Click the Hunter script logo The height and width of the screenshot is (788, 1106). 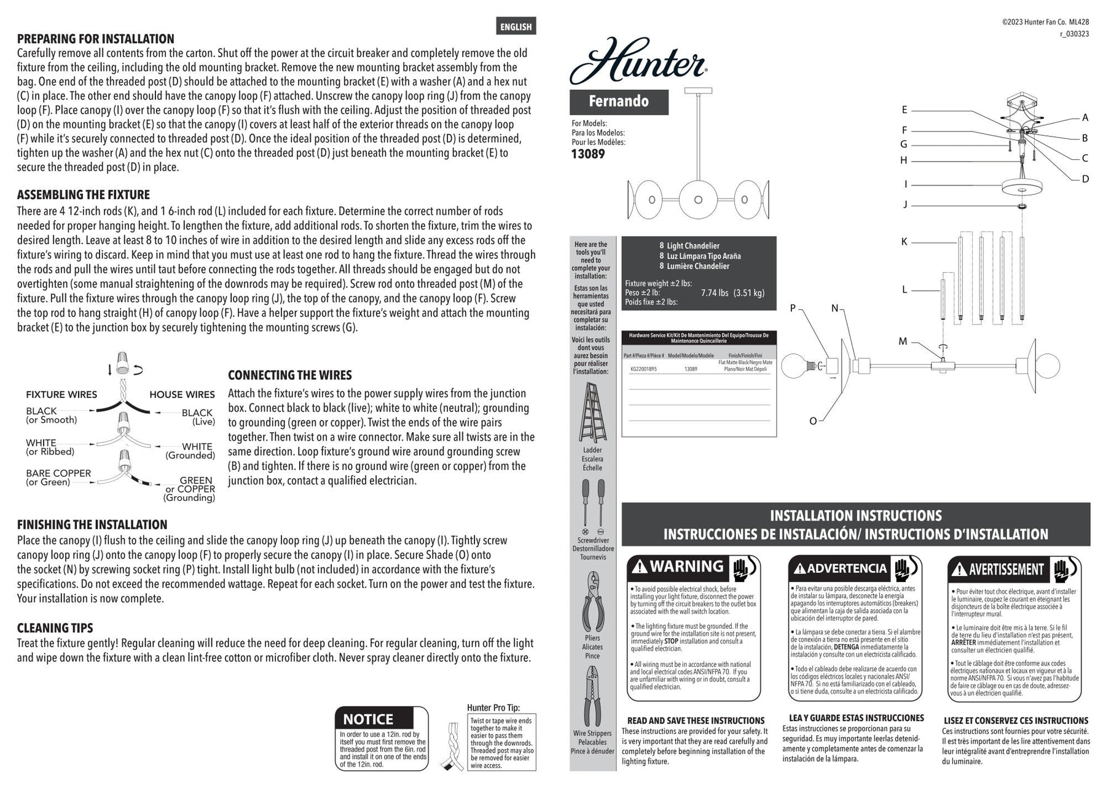tap(638, 61)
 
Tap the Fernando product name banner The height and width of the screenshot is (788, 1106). tap(619, 101)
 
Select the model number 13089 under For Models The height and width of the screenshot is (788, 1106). tap(588, 154)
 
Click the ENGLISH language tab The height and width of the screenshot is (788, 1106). tap(516, 26)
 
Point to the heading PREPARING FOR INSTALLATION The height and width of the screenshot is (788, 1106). tap(95, 39)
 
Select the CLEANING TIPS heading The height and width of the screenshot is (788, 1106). tap(55, 628)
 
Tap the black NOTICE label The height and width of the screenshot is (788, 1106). tap(368, 719)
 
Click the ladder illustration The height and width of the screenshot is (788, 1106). tap(592, 413)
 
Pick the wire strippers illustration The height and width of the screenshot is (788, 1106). tap(592, 698)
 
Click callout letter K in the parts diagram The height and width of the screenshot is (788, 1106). tap(904, 242)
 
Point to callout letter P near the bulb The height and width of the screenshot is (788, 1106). tap(793, 309)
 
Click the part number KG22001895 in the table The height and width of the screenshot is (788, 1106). tap(643, 369)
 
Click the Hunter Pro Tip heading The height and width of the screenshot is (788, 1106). tap(493, 708)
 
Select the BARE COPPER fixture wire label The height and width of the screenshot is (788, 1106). tap(58, 473)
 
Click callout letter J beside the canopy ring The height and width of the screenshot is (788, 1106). tap(904, 205)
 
